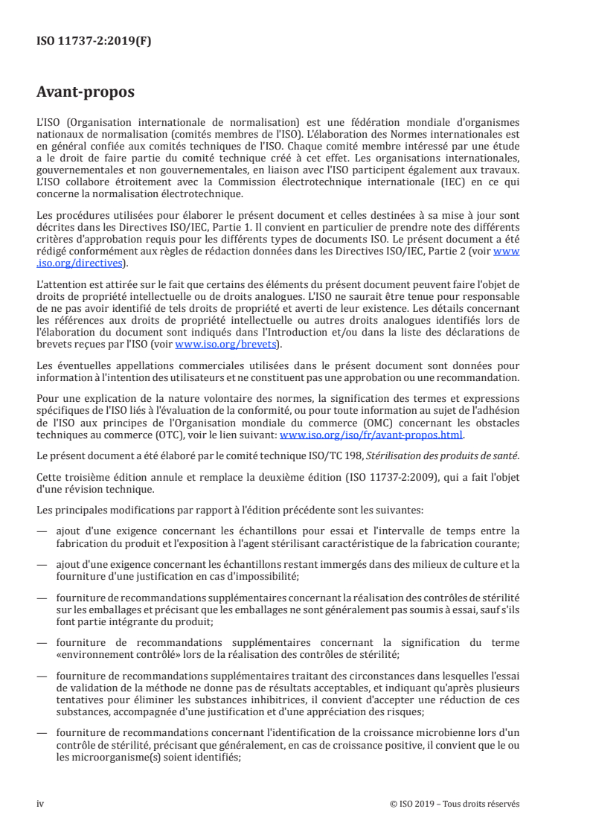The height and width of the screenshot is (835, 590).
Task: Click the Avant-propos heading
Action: click(85, 94)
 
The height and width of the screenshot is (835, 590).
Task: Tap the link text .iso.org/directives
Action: click(81, 263)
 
